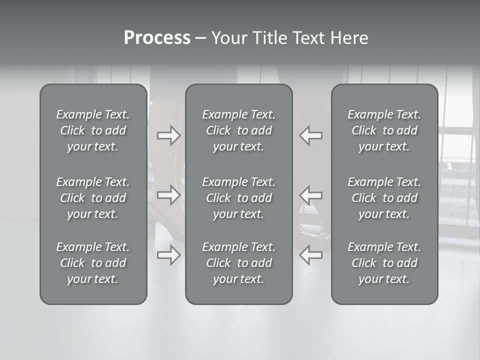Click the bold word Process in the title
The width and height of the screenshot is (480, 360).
tap(157, 38)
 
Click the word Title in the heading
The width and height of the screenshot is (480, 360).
tap(269, 38)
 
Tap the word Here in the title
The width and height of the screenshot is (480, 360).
tap(349, 38)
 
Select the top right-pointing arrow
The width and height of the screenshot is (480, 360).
tap(168, 135)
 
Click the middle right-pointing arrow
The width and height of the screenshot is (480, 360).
tap(168, 194)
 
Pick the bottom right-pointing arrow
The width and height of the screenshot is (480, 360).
tap(168, 255)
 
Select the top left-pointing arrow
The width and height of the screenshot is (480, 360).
tap(311, 135)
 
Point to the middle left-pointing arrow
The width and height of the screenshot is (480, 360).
tap(311, 194)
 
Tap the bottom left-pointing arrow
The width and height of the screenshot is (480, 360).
tap(311, 255)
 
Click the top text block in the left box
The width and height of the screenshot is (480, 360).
tap(93, 130)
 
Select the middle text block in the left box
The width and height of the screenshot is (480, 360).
tap(93, 198)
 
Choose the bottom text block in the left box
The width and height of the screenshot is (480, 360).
tap(93, 263)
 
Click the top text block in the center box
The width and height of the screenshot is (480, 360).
tap(239, 130)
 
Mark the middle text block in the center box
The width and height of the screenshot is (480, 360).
tap(239, 198)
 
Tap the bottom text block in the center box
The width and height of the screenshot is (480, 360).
tap(239, 263)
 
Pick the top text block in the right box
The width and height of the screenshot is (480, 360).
tap(384, 130)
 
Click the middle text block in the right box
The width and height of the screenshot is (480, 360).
tap(384, 198)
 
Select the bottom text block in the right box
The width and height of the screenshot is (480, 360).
tap(384, 263)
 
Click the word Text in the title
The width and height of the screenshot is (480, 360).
tap(308, 38)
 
